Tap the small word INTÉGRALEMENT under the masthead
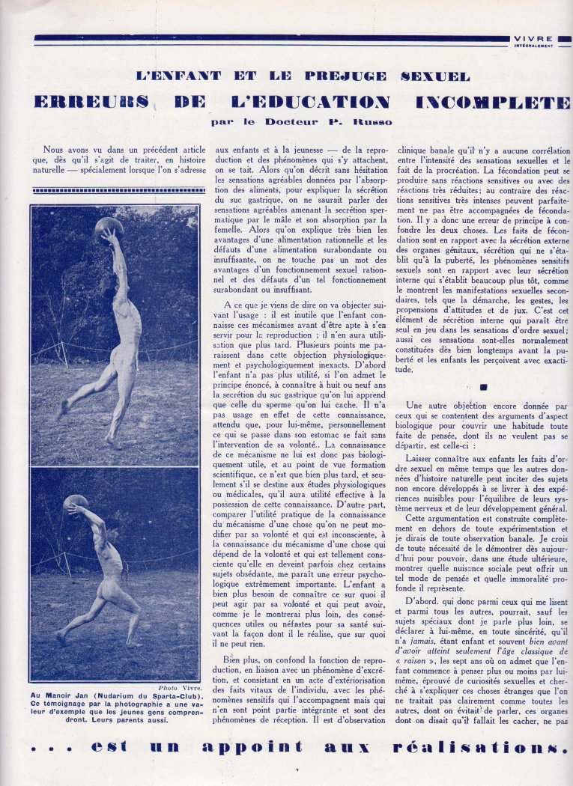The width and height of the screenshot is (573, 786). [534, 45]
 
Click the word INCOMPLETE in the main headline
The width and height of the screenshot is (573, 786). [495, 103]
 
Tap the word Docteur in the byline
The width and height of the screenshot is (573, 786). [282, 121]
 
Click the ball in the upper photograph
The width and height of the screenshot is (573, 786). [109, 226]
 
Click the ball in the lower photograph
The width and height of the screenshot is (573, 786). [76, 502]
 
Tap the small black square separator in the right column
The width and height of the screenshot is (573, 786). [483, 387]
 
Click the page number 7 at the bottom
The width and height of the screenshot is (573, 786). [297, 770]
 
